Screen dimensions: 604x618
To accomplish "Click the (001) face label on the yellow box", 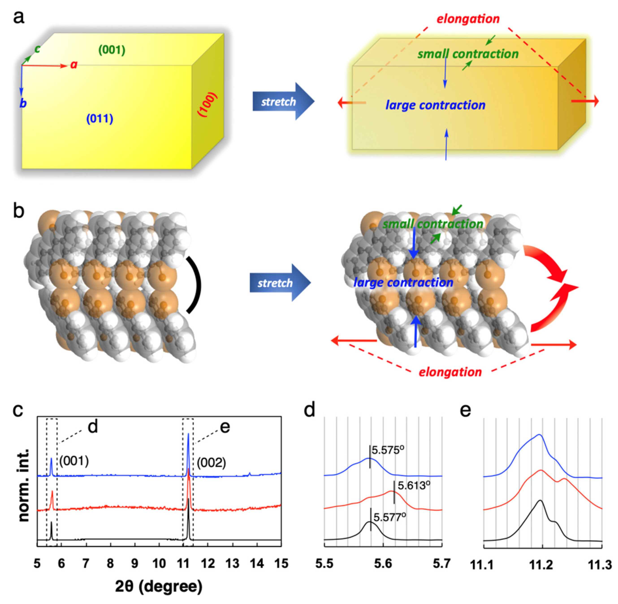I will click(x=112, y=50).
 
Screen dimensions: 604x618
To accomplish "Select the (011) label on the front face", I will click(x=99, y=119).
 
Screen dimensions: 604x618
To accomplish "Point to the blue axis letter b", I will click(x=23, y=103).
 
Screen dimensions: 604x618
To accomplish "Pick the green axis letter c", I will click(x=37, y=49).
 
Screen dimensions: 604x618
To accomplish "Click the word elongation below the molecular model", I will click(x=450, y=372).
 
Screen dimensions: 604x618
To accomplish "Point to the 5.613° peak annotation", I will click(x=414, y=485).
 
